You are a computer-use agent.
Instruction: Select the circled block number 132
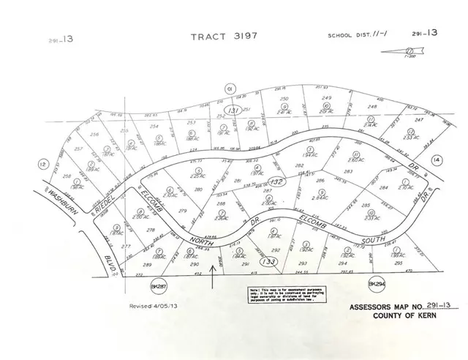coord(276,179)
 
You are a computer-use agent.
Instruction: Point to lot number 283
coord(348,172)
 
